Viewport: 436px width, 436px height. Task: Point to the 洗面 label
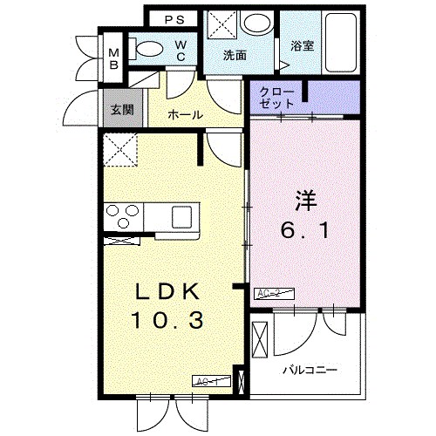click(235, 55)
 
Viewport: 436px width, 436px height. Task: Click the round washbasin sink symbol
click(256, 23)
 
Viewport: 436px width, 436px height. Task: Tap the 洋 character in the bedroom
click(302, 200)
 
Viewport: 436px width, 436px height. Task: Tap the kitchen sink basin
click(186, 215)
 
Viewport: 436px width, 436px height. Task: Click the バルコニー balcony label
click(310, 369)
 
